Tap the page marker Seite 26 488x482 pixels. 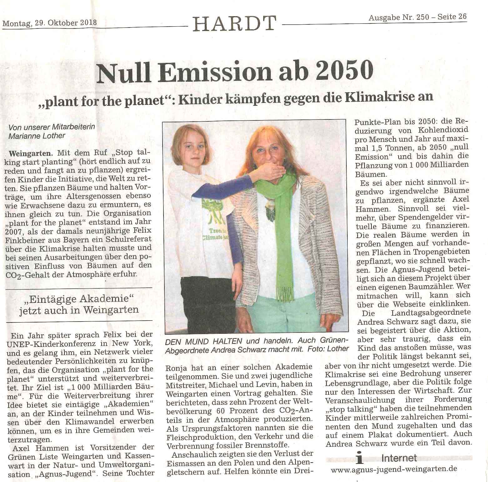coord(452,17)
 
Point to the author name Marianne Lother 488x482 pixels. coord(37,136)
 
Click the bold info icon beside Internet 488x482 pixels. coord(360,459)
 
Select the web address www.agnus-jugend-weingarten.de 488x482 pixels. coord(394,469)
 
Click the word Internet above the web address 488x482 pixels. coord(399,458)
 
